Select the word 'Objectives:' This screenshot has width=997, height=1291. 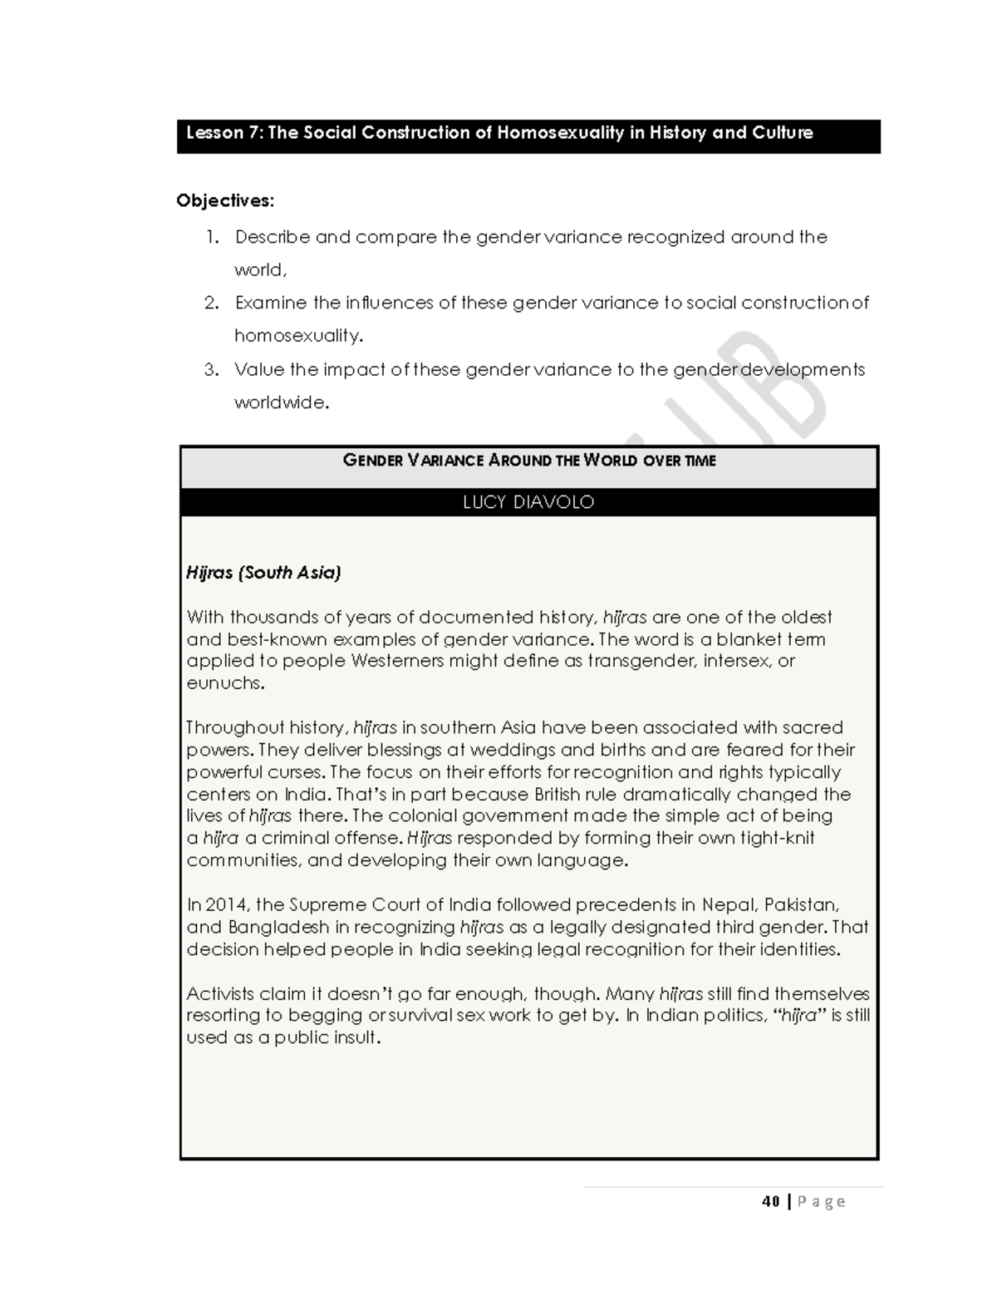[x=225, y=200]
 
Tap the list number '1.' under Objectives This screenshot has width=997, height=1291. [x=213, y=237]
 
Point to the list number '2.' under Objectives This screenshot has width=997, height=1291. [x=213, y=303]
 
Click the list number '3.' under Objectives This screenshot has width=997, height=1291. [x=212, y=369]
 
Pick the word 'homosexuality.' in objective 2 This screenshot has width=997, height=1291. [x=299, y=336]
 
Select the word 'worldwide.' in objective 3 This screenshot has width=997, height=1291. [x=282, y=402]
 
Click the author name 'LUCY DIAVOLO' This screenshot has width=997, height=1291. [x=528, y=502]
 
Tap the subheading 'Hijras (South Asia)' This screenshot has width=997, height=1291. [x=263, y=572]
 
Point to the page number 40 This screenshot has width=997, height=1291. [x=770, y=1201]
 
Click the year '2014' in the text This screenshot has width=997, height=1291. [x=227, y=904]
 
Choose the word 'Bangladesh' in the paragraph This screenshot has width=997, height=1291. [x=280, y=927]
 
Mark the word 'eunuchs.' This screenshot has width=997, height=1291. [x=225, y=683]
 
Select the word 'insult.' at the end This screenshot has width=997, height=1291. [x=357, y=1037]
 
